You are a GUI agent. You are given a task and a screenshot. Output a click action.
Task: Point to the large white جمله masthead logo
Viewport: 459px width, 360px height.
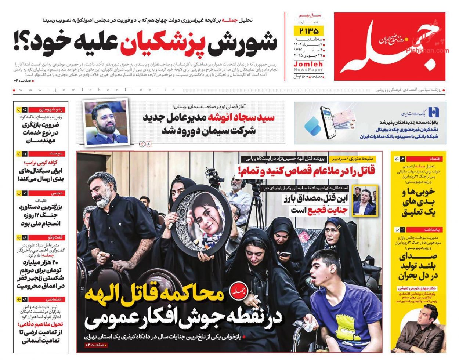[x=389, y=47]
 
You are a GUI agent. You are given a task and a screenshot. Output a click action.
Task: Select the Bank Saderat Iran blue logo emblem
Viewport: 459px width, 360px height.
[x=433, y=112]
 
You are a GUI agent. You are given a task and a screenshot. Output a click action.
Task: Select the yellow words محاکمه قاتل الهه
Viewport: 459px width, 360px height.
[x=154, y=294]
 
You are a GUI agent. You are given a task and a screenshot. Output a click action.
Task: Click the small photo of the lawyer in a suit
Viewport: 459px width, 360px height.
[x=365, y=200]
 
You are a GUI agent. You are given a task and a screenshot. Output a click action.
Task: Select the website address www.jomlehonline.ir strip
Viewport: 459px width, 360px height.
[x=95, y=90]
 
